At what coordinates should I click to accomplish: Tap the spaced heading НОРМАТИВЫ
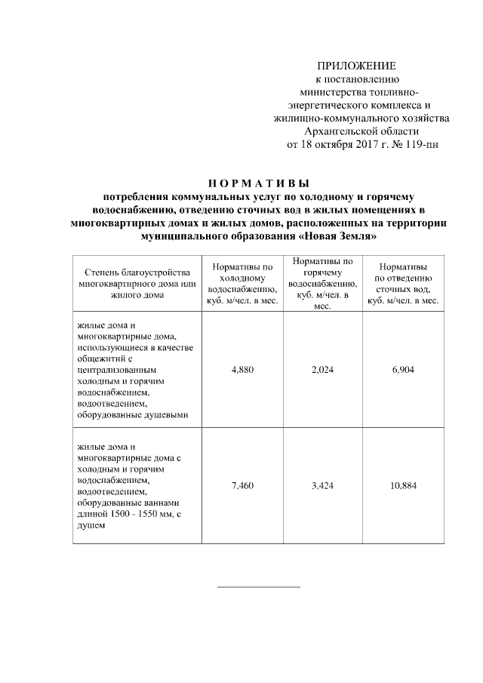pyautogui.click(x=257, y=183)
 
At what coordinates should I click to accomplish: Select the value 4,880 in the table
pyautogui.click(x=241, y=370)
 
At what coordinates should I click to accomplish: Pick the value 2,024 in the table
pyautogui.click(x=322, y=370)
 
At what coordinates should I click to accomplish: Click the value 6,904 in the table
pyautogui.click(x=403, y=370)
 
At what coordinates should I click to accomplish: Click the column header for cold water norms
pyautogui.click(x=241, y=284)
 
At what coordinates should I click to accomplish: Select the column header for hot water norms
pyautogui.click(x=322, y=284)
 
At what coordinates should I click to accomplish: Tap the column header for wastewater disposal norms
pyautogui.click(x=403, y=284)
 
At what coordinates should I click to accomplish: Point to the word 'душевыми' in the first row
pyautogui.click(x=167, y=414)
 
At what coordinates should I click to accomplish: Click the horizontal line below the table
pyautogui.click(x=258, y=586)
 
